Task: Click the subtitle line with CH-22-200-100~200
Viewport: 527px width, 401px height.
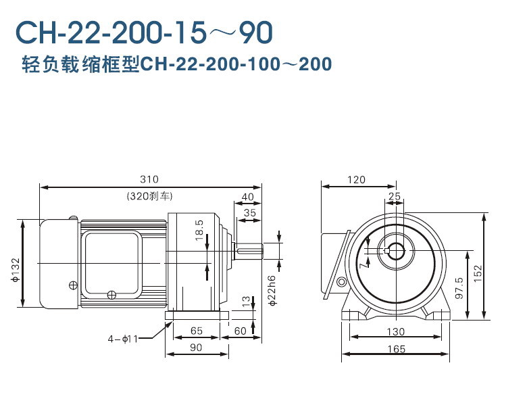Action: [x=176, y=64]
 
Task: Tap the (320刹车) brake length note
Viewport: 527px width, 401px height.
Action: [x=149, y=196]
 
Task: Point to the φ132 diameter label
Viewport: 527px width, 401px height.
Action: [x=14, y=268]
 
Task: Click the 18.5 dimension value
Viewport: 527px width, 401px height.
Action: [x=199, y=230]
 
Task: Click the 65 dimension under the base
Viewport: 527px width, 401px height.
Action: [x=197, y=331]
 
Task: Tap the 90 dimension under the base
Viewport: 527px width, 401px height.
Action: [x=197, y=348]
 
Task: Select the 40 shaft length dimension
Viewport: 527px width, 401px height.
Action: [x=247, y=196]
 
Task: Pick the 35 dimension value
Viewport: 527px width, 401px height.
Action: [x=249, y=212]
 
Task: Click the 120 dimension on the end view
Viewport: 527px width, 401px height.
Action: [x=356, y=179]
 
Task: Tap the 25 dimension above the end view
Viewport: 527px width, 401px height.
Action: [x=395, y=196]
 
